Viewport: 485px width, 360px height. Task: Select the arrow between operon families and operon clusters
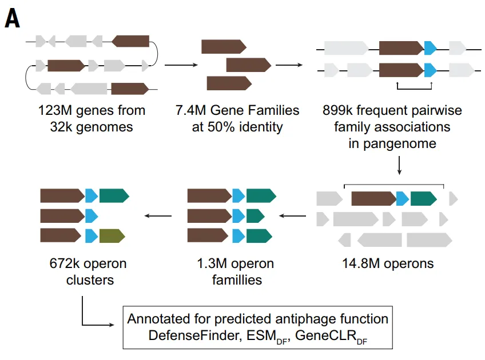(157, 215)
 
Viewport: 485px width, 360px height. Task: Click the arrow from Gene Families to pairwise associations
(289, 65)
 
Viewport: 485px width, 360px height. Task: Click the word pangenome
(392, 143)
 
